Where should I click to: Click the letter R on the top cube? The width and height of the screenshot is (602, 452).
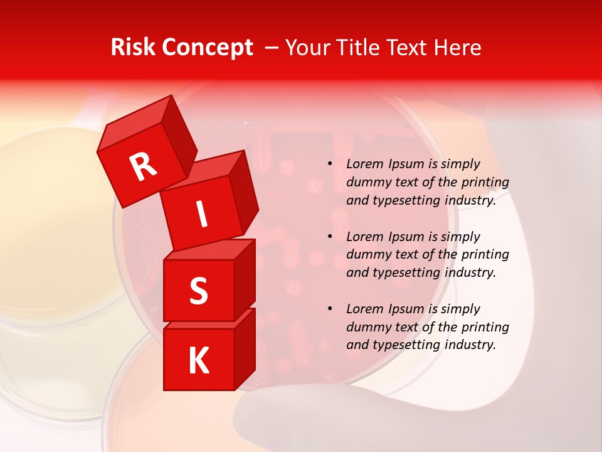click(144, 167)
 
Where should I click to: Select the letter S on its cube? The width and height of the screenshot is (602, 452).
click(198, 291)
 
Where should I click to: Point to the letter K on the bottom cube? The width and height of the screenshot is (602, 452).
click(198, 361)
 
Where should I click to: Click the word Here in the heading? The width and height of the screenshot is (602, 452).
click(459, 48)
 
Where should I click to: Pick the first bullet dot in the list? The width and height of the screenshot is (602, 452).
click(330, 164)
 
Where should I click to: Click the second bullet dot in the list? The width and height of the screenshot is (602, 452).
click(330, 237)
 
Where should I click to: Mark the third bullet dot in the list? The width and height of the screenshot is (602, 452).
click(330, 309)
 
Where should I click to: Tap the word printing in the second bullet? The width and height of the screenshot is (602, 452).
click(486, 255)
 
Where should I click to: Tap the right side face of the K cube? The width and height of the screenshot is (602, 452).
click(245, 347)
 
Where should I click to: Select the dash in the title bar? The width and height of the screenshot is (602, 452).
click(272, 48)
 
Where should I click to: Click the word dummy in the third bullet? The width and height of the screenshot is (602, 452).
click(368, 327)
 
